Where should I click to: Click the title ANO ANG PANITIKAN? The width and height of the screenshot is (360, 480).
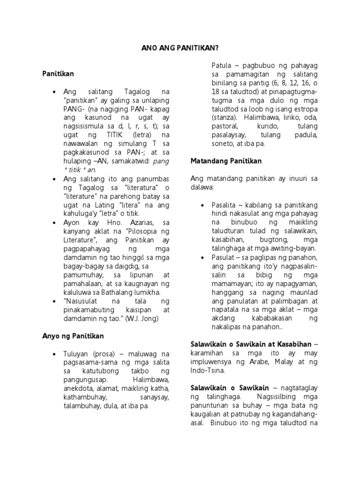tap(180, 48)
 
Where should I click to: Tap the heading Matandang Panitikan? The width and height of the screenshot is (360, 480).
tap(226, 161)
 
